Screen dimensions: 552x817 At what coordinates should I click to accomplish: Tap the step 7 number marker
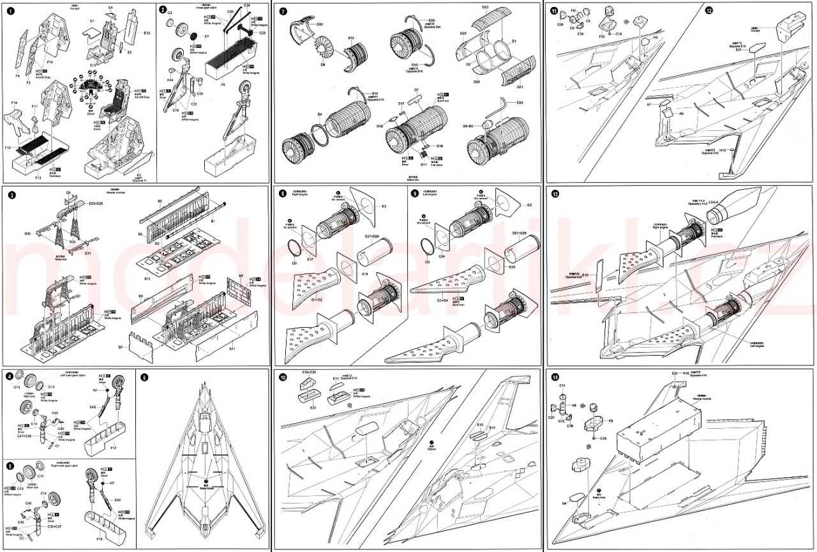pos(283,10)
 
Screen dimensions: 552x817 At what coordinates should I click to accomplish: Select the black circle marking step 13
pos(555,194)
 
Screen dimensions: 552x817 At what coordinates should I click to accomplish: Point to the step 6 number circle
pos(144,378)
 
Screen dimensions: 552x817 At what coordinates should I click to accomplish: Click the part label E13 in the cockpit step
pos(147,32)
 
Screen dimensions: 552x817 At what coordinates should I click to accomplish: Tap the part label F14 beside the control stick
pos(14,103)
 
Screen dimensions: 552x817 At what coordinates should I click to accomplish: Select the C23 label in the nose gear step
pos(262,32)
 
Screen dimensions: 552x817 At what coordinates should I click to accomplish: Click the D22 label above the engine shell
pos(485,7)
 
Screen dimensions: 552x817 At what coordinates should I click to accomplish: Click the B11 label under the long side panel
pos(232,349)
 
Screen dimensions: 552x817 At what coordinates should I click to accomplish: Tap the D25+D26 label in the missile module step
pos(96,203)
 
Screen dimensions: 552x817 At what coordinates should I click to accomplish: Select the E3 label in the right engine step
pos(384,206)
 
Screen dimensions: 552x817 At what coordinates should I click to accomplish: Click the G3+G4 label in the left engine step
pos(441,299)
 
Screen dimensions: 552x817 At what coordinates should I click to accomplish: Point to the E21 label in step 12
pos(738,50)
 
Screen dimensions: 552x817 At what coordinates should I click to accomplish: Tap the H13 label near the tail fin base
pos(723,149)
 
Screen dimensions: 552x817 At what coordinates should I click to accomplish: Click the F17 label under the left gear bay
pos(113,448)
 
